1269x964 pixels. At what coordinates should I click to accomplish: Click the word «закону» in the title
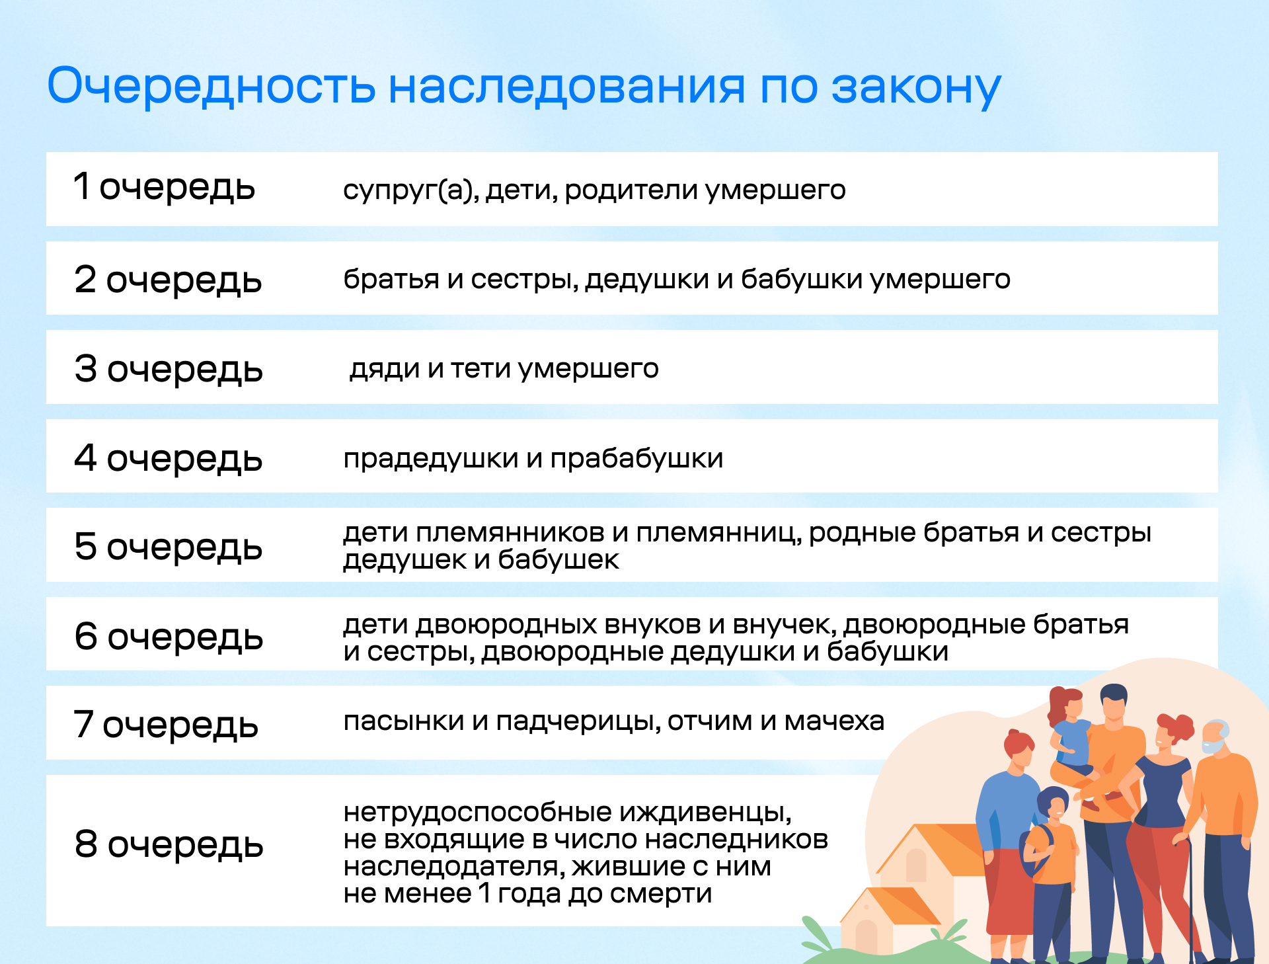tap(916, 87)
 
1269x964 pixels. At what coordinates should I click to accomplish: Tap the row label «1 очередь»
tap(164, 187)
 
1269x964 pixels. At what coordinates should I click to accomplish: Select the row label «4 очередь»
tap(169, 458)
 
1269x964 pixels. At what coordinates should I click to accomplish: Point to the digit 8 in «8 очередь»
tap(86, 844)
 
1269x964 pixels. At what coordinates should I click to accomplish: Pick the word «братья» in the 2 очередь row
tap(391, 279)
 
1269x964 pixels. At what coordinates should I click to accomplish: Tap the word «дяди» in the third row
tap(385, 369)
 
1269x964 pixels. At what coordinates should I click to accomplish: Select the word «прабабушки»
tap(636, 459)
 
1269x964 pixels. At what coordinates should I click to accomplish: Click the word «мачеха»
tap(834, 721)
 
